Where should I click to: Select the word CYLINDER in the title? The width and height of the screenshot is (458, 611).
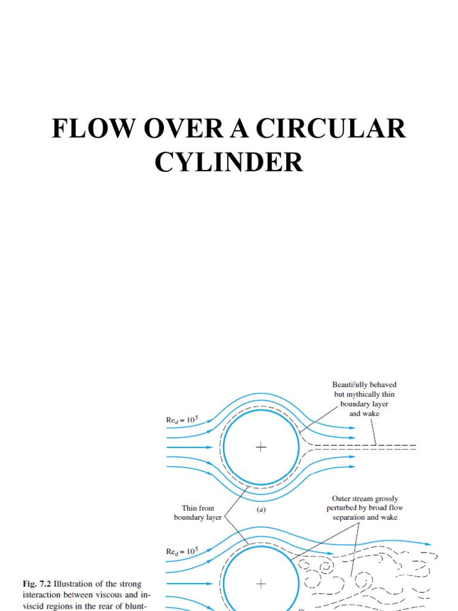tap(229, 162)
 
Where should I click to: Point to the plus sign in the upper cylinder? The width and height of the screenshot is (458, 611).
tap(261, 447)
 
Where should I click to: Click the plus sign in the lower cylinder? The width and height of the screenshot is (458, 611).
tap(261, 583)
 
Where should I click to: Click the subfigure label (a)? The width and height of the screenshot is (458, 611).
tap(261, 510)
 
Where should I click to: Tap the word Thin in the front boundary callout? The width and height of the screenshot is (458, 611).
tap(190, 508)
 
